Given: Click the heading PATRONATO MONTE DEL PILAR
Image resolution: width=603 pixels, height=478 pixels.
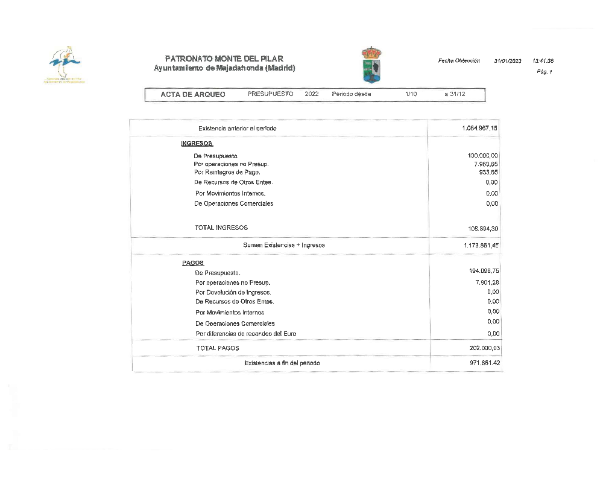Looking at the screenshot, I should [x=224, y=59].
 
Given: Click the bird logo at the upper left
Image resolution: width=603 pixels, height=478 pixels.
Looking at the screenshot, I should [x=65, y=63].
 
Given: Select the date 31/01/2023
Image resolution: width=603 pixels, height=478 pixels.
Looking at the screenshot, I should [x=508, y=61].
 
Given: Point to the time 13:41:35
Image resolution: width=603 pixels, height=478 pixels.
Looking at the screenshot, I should [x=543, y=61].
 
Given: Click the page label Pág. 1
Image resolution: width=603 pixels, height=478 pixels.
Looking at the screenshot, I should [x=544, y=72].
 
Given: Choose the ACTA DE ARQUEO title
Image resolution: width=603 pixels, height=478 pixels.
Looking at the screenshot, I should [x=193, y=95].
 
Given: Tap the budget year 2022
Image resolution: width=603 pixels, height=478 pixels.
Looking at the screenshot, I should [x=312, y=94].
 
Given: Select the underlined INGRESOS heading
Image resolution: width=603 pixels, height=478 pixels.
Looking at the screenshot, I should [x=197, y=144].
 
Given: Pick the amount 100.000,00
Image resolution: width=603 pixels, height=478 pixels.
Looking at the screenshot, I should [x=482, y=156].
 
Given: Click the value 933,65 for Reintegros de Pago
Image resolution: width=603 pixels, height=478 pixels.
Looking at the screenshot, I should [x=488, y=172].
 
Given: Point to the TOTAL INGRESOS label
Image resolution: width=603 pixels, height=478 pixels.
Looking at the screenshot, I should [x=221, y=228].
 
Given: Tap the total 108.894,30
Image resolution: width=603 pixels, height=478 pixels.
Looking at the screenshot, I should [x=482, y=229].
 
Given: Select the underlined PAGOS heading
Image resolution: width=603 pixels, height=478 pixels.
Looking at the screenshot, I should [x=193, y=263].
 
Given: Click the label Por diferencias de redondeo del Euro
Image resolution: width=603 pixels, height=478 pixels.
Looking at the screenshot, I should [x=246, y=334].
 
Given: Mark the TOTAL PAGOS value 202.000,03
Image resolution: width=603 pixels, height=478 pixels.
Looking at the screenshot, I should [x=484, y=349].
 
